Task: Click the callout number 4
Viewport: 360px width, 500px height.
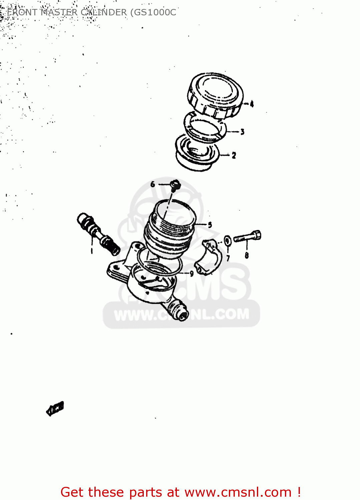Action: [x=252, y=104]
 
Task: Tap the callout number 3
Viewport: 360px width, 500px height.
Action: [x=242, y=132]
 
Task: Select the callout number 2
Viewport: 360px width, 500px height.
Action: [x=234, y=155]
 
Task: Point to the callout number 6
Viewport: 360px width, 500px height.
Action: [x=153, y=184]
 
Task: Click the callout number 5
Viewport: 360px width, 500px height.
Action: [x=210, y=225]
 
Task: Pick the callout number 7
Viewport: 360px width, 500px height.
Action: [x=228, y=258]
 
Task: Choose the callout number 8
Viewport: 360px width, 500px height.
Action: [x=247, y=255]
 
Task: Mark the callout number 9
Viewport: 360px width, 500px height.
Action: [x=192, y=274]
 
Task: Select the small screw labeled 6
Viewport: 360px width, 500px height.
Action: [x=175, y=184]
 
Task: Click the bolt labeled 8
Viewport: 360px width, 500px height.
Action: [x=247, y=237]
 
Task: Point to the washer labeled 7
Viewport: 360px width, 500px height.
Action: [x=228, y=240]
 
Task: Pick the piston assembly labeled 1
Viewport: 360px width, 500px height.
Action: [x=98, y=233]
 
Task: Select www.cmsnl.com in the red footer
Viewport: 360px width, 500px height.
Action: [x=238, y=492]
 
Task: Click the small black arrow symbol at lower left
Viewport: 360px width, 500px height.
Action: [x=55, y=409]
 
